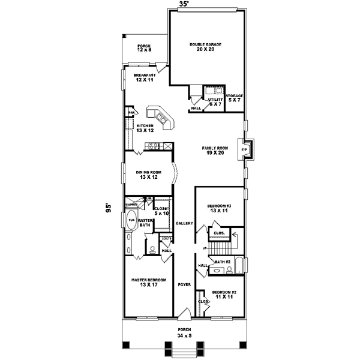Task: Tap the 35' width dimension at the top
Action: click(184, 4)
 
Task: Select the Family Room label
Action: click(214, 150)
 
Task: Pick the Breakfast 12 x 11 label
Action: click(145, 77)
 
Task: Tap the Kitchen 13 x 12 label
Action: click(145, 128)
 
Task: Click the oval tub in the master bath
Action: click(131, 221)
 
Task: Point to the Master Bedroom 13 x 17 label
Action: click(148, 282)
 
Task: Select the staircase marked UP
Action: click(224, 246)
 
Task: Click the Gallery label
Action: click(184, 223)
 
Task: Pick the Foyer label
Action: click(184, 284)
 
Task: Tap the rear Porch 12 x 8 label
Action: click(144, 48)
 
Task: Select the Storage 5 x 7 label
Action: click(234, 98)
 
